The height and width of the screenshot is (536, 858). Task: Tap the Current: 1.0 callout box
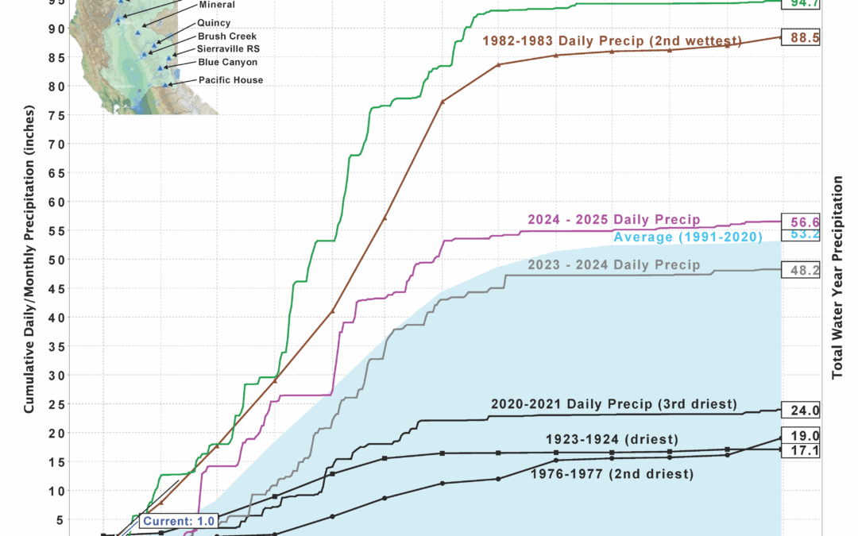(166, 521)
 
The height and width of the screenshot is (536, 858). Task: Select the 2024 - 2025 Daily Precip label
(613, 219)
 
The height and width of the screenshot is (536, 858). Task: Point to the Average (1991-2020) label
(688, 237)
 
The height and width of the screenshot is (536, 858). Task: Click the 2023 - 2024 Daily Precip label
(614, 265)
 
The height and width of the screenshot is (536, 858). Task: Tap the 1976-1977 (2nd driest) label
(611, 474)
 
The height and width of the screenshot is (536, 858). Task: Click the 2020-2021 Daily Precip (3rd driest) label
(613, 404)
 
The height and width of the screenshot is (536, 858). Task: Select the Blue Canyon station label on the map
(227, 62)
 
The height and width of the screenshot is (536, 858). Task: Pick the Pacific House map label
(230, 80)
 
